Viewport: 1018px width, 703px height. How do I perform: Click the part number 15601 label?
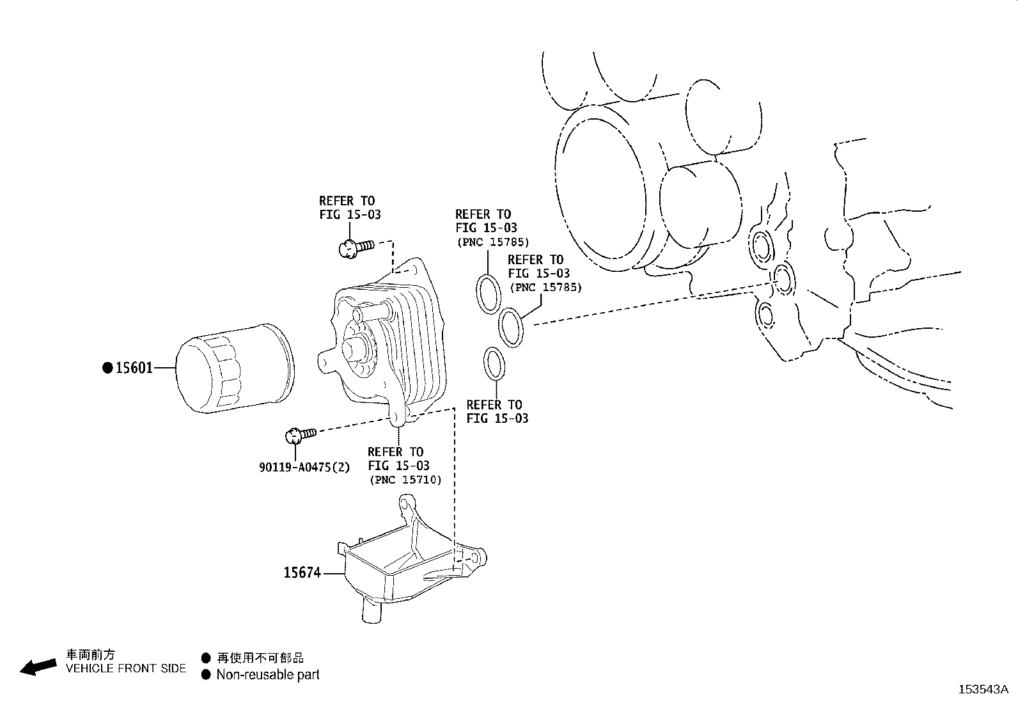click(134, 368)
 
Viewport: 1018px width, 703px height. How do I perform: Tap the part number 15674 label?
click(302, 573)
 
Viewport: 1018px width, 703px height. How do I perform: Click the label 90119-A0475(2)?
click(304, 467)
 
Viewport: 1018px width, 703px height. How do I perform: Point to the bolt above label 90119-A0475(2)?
click(299, 435)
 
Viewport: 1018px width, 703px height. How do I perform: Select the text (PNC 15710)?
click(405, 479)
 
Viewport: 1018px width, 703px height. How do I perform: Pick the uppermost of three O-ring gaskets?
click(489, 293)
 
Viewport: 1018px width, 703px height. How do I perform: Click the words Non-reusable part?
click(267, 674)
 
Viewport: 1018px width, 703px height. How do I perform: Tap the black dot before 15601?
click(107, 368)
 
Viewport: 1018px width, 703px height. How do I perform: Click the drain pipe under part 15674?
click(372, 608)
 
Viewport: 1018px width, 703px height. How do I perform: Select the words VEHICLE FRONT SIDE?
click(127, 668)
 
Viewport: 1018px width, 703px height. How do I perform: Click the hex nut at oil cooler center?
click(354, 349)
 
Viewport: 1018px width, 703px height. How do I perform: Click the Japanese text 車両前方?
click(91, 655)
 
